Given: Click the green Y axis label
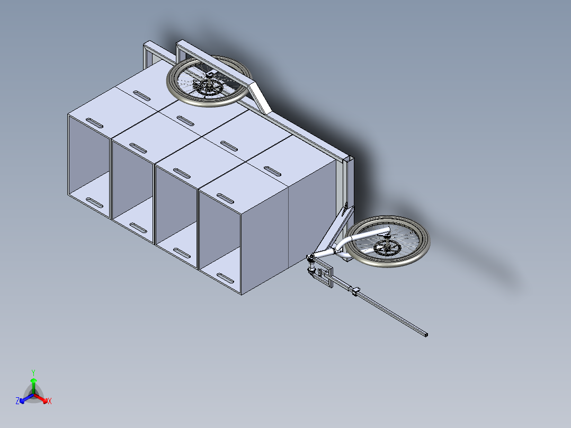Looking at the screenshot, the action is (x=33, y=372).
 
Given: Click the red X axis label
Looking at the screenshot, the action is (x=50, y=401).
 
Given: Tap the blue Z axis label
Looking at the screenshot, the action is (x=17, y=401).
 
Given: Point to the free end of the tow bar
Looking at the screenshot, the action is (x=426, y=334).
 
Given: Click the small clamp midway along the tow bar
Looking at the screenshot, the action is (x=355, y=290).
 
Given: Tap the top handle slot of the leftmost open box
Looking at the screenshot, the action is (x=94, y=123).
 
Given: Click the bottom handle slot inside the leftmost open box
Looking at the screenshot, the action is (x=94, y=203).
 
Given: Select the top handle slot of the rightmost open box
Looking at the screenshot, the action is (x=226, y=199).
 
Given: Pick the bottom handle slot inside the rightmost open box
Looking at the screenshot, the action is (x=226, y=278).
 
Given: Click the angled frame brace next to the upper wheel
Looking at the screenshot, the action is (x=261, y=97).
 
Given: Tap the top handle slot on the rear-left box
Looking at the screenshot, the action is (x=141, y=96).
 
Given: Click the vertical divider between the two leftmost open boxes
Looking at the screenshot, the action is (x=111, y=179).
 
